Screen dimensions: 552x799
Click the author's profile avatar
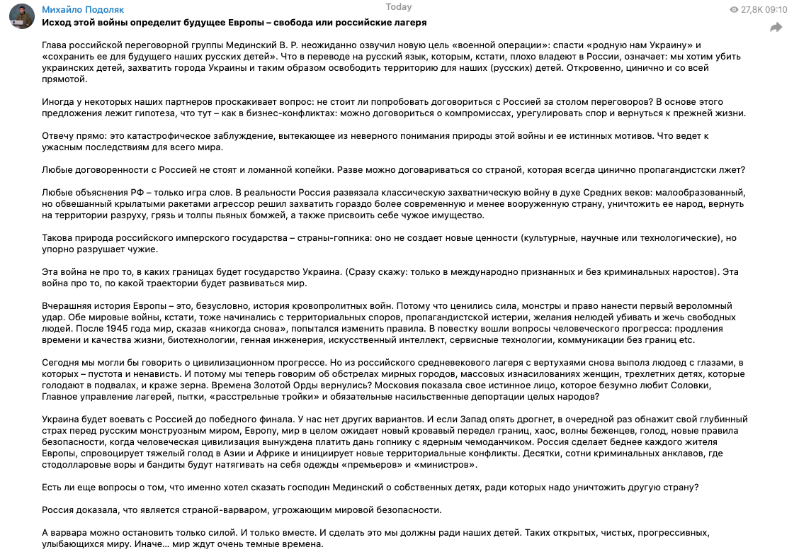pos(21,16)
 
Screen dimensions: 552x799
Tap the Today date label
pos(399,7)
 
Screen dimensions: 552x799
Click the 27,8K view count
pos(751,10)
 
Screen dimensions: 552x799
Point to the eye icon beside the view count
pos(734,10)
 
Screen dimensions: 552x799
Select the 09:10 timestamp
pos(776,10)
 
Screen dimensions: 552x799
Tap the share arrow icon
pos(776,28)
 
